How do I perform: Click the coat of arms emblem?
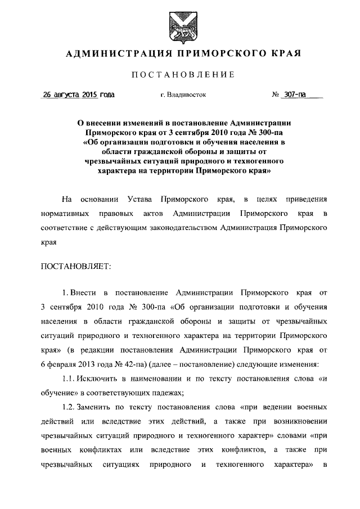[180, 25]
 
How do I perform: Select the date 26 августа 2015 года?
[79, 95]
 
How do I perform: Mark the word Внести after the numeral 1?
[84, 292]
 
